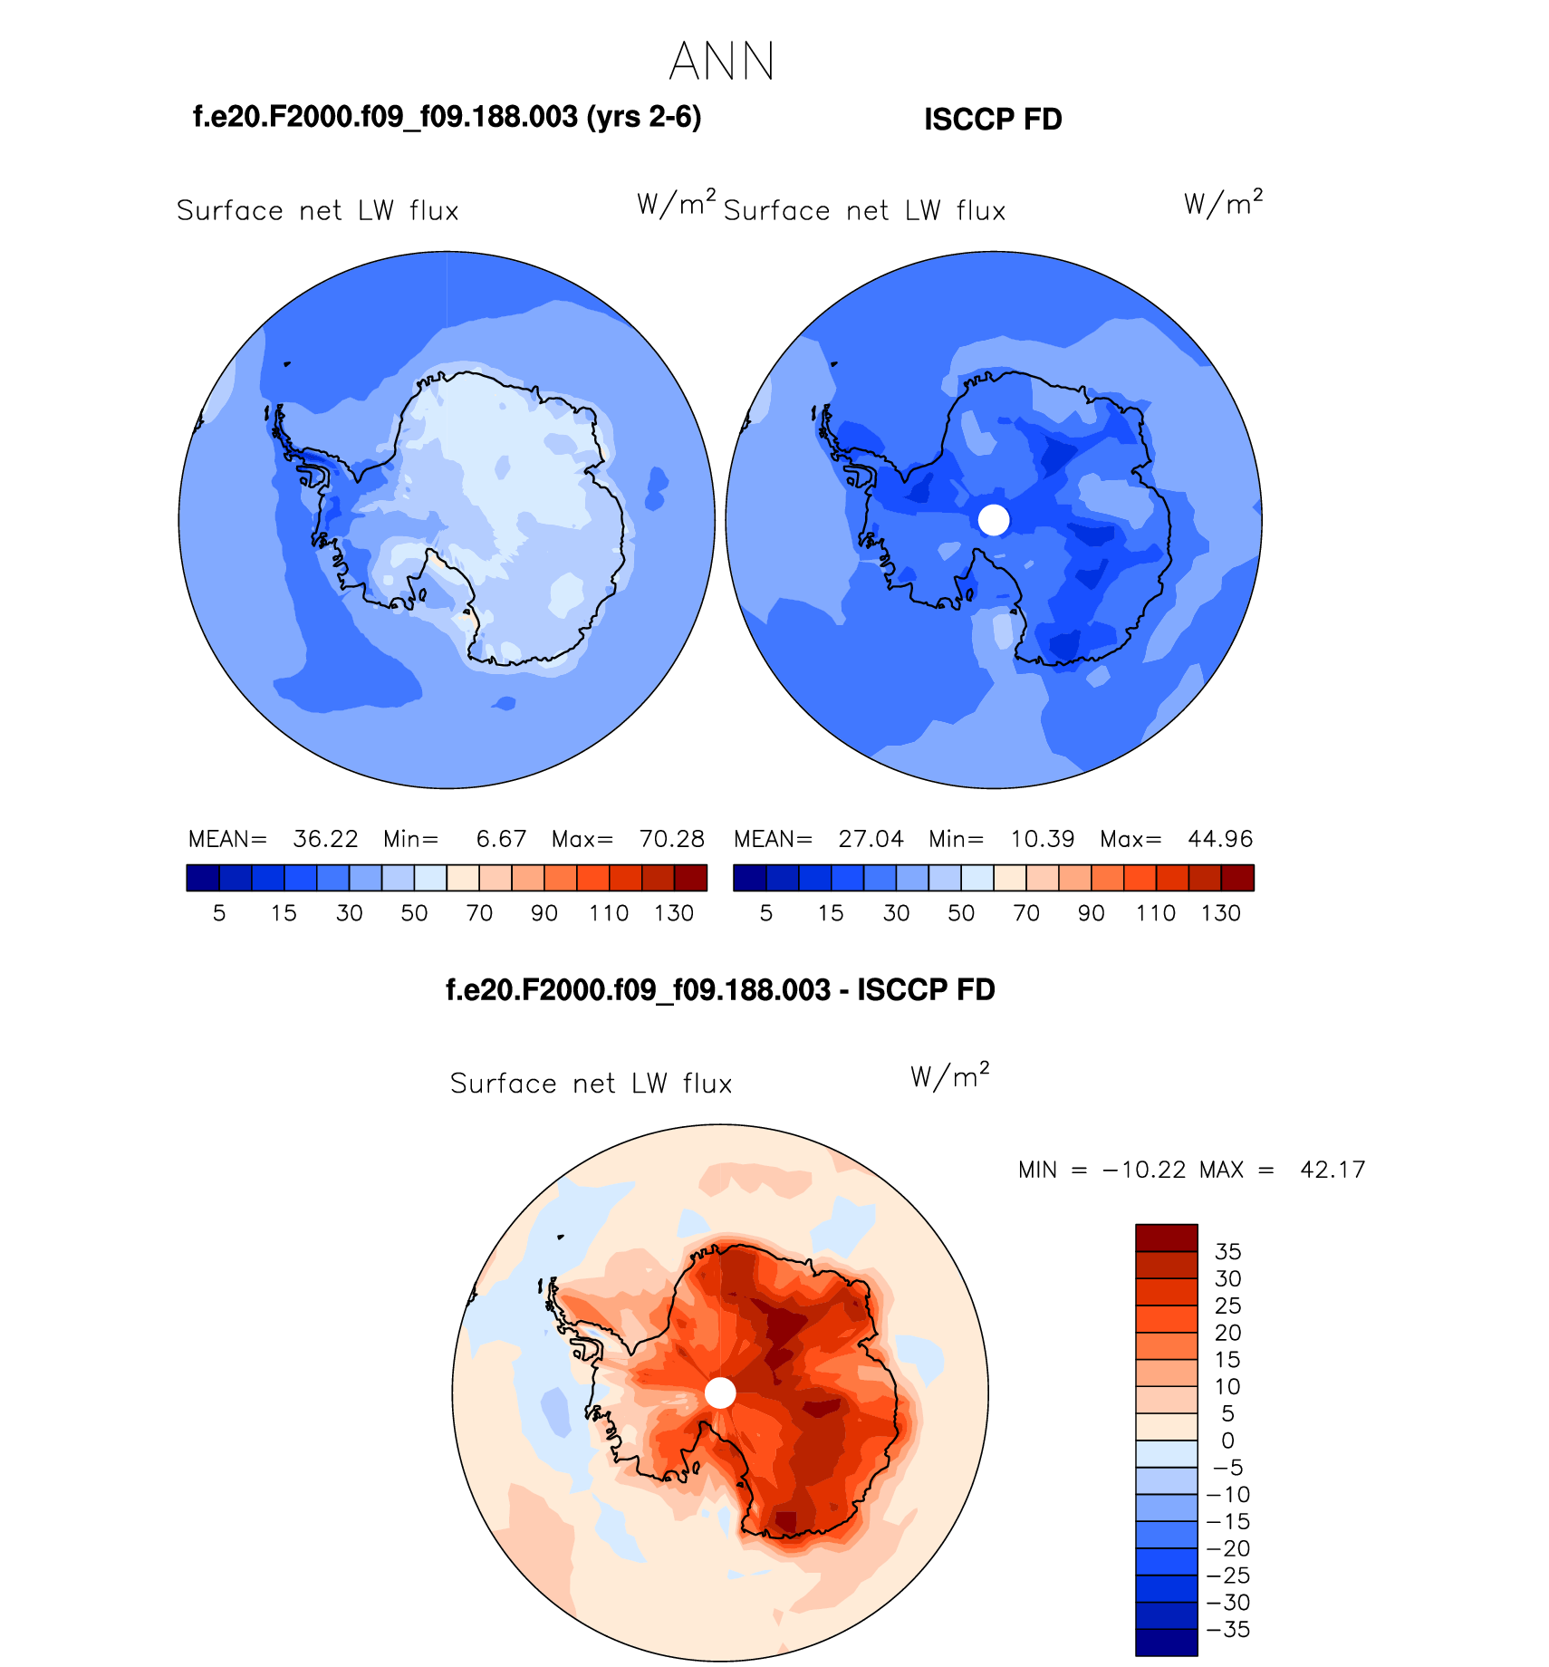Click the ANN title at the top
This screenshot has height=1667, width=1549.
pos(721,62)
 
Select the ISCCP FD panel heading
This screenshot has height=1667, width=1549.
pos(993,120)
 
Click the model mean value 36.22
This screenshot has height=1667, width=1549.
pos(325,839)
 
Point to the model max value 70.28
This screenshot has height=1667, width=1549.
pos(671,839)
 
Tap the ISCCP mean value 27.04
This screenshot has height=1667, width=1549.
pos(871,839)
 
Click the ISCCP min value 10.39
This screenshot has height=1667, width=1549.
pos(1042,839)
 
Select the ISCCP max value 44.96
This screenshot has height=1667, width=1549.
pos(1220,839)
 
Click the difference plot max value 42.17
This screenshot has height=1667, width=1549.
pos(1332,1170)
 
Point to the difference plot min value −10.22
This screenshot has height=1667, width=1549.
pos(1143,1170)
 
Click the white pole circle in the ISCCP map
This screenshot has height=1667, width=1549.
pos(994,520)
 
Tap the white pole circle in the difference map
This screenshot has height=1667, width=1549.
pos(720,1392)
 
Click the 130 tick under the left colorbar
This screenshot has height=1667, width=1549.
pos(674,913)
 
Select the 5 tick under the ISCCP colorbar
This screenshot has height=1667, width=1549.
pos(766,913)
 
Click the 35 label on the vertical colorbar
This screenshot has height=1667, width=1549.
pos(1227,1251)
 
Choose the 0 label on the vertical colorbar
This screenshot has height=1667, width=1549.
pos(1227,1441)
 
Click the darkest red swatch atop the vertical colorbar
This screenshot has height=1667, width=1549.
pos(1167,1238)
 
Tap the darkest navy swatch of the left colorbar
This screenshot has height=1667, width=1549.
pos(203,878)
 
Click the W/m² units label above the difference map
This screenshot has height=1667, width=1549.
pos(949,1075)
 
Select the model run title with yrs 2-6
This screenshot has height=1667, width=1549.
pos(447,118)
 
